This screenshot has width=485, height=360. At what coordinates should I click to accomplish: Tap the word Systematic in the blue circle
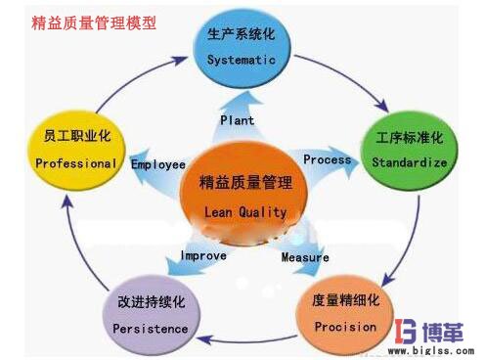[242, 60]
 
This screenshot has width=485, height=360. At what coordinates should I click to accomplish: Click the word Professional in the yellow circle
[75, 164]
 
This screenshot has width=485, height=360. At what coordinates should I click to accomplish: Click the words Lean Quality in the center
[245, 211]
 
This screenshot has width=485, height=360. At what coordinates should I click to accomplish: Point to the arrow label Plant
[237, 120]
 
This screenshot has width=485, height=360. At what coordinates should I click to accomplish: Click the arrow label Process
[327, 159]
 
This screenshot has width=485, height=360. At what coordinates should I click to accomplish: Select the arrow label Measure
[305, 257]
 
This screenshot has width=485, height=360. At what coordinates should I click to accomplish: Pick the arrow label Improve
[203, 255]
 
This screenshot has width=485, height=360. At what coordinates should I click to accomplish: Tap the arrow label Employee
[158, 164]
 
